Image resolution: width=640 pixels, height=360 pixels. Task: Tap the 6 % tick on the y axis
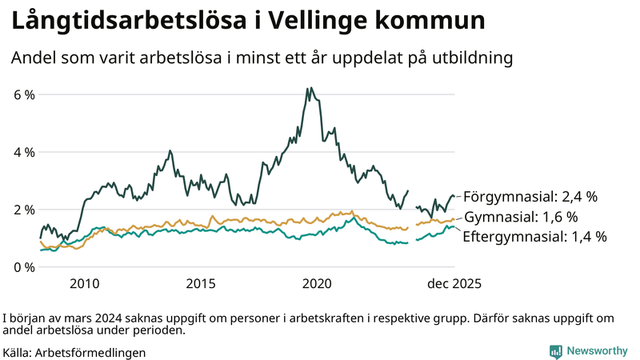24,94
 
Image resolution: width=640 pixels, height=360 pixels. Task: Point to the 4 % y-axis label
24,152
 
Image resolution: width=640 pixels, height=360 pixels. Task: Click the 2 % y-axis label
24,210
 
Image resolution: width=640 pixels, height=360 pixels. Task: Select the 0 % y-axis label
24,267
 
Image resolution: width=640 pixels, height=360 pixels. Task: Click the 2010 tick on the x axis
84,283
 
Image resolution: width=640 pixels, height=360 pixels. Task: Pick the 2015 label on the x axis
201,283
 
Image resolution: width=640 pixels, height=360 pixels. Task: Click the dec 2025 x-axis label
454,283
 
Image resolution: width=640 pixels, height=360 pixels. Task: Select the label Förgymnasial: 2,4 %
530,196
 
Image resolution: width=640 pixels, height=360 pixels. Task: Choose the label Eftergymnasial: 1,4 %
534,236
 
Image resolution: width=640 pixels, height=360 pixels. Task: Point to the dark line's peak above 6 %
309,88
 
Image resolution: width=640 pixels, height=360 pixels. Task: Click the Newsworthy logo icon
555,351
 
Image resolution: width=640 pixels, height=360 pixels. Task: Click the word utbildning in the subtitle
473,58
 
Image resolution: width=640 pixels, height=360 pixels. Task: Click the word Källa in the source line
18,352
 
